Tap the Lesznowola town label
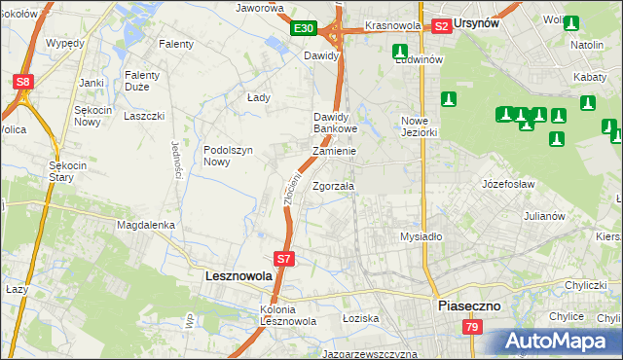tap(238, 276)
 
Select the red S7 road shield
tap(283, 259)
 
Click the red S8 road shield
tap(23, 83)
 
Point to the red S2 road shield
tap(441, 26)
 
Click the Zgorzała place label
tap(334, 185)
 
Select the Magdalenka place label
tap(145, 225)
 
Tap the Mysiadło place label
tap(421, 236)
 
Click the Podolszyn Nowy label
tap(230, 156)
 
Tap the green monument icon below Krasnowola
tap(399, 52)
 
